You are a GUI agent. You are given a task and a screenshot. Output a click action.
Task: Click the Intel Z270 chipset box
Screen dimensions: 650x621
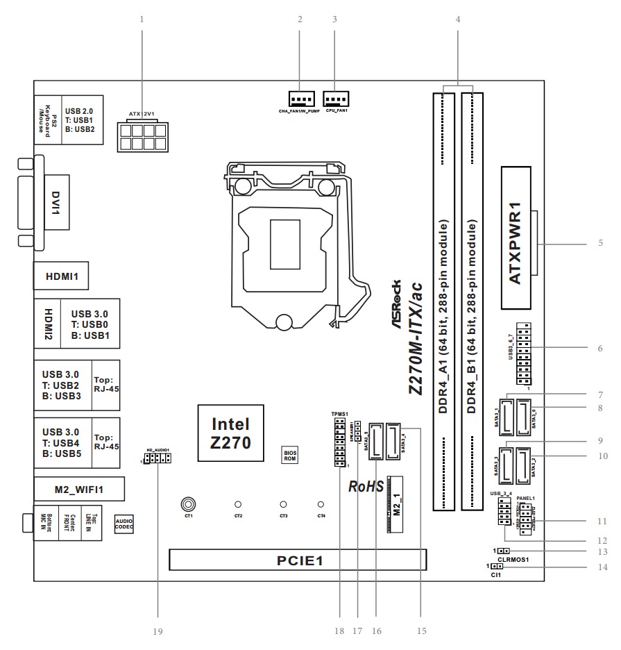[x=230, y=433]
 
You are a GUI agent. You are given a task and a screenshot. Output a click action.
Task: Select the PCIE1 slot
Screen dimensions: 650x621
[x=298, y=559]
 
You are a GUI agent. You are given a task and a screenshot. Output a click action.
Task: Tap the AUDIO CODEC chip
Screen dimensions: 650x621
[x=124, y=524]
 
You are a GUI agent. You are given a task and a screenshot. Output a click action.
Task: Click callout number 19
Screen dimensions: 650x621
[x=158, y=632]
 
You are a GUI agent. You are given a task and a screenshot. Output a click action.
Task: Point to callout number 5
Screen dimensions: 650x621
[x=601, y=244]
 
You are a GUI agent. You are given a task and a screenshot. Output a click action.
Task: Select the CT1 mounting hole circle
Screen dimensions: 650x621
[x=187, y=504]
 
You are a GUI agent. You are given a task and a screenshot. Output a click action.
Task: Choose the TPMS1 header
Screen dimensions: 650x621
[x=340, y=441]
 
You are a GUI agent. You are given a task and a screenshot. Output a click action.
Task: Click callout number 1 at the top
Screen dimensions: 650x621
[x=142, y=19]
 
